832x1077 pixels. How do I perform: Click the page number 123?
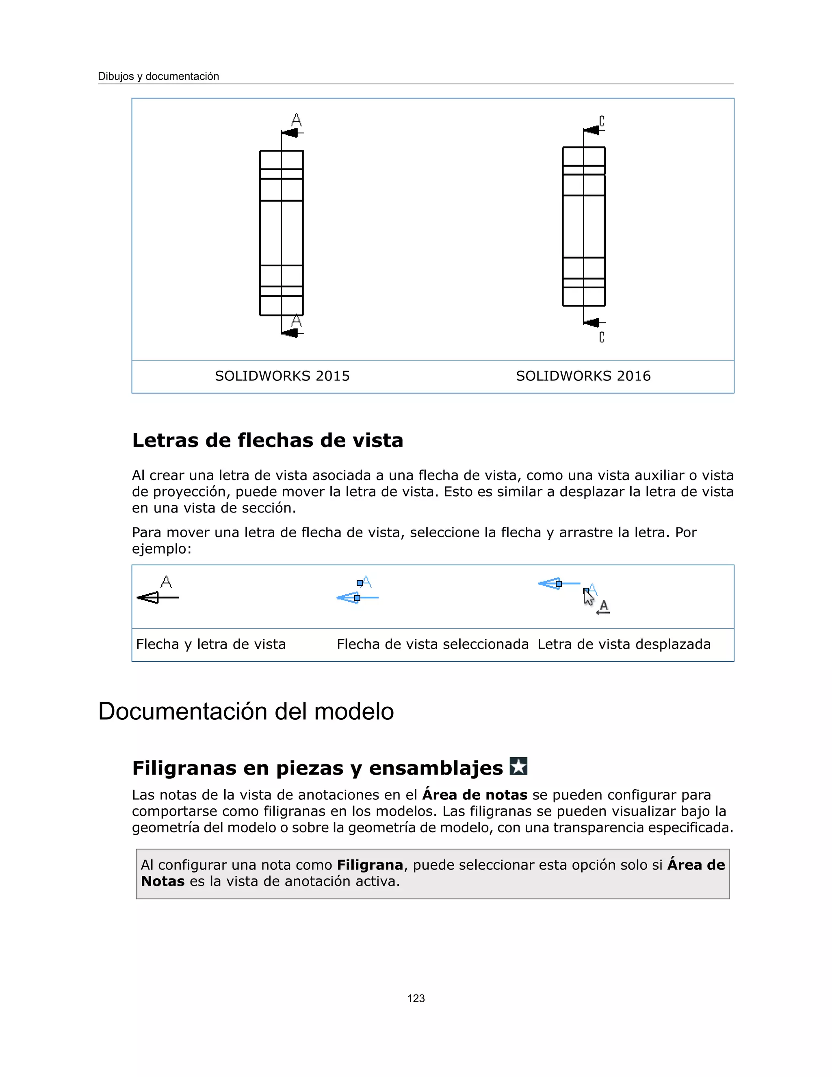coord(416,999)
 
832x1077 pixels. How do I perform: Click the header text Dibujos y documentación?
coord(158,76)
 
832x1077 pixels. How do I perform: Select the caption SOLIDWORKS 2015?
coord(282,376)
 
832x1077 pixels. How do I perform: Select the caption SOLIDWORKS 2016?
coord(583,376)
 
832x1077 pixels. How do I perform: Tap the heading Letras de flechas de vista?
coord(268,441)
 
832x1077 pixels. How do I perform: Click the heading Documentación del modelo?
coord(246,712)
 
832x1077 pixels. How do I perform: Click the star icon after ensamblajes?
coord(518,766)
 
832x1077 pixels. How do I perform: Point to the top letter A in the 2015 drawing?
coord(296,120)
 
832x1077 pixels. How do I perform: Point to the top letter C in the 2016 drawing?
coord(602,121)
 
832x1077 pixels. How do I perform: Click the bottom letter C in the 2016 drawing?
coord(602,337)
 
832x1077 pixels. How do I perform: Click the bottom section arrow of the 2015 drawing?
coord(291,333)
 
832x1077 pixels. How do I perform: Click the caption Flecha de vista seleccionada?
coord(432,645)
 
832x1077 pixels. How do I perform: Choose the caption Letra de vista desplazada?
coord(624,645)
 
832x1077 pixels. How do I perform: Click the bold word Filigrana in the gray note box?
coord(370,865)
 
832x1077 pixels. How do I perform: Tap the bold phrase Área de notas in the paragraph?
coord(474,795)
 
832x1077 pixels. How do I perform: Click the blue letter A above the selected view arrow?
coord(366,582)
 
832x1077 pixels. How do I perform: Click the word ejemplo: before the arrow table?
coord(161,549)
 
